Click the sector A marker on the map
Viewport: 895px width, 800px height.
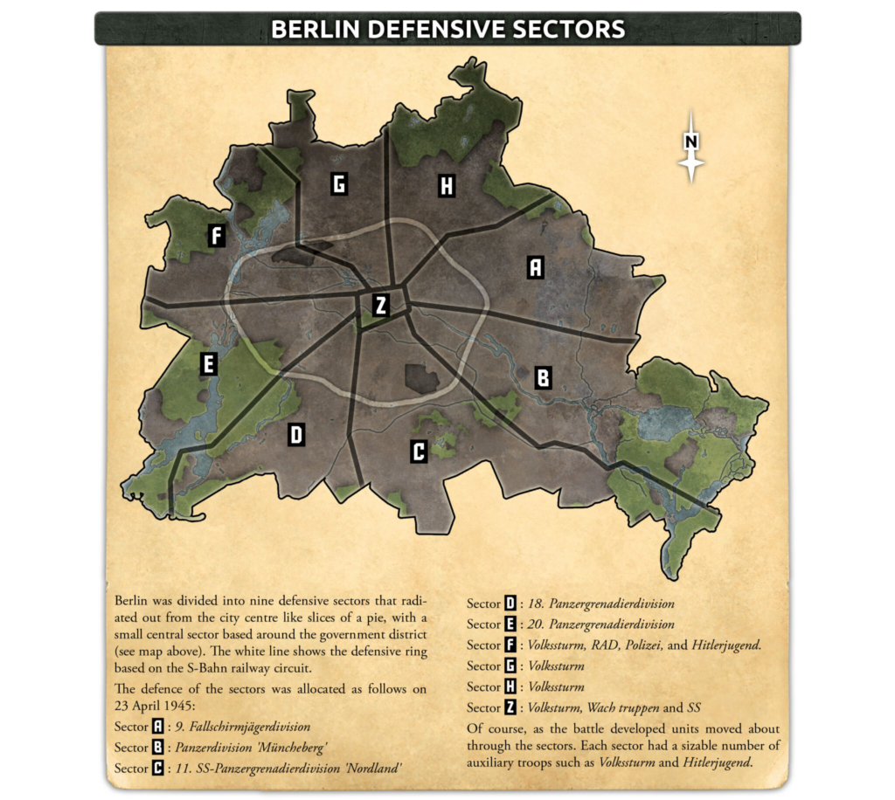pyautogui.click(x=535, y=267)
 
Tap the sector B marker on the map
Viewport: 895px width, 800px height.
pyautogui.click(x=542, y=377)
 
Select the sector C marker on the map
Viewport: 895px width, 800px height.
pyautogui.click(x=419, y=452)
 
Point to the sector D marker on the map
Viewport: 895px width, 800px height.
pyautogui.click(x=296, y=434)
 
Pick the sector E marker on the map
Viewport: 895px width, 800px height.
pyautogui.click(x=208, y=363)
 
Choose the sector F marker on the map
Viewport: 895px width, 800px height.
pyautogui.click(x=217, y=235)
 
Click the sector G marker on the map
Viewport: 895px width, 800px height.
pyautogui.click(x=339, y=183)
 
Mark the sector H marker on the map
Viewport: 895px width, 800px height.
pyautogui.click(x=446, y=185)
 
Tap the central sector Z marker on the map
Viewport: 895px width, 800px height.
pyautogui.click(x=380, y=305)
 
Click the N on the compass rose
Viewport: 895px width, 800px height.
pyautogui.click(x=691, y=141)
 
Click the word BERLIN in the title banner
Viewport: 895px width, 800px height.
pyautogui.click(x=315, y=29)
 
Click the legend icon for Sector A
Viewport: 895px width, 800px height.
pyautogui.click(x=158, y=727)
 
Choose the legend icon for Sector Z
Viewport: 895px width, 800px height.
pyautogui.click(x=510, y=707)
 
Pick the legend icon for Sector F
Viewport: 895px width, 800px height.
pyautogui.click(x=510, y=645)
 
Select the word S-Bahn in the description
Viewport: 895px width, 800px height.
pyautogui.click(x=200, y=667)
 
